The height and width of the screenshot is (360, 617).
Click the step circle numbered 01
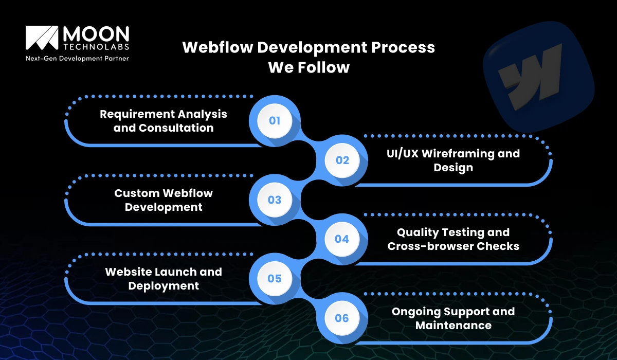point(275,120)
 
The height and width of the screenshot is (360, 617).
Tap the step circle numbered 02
point(342,160)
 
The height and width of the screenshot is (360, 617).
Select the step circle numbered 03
point(275,200)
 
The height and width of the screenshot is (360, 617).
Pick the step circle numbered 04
point(342,239)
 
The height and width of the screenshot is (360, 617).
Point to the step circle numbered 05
point(275,279)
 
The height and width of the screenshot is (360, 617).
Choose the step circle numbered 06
point(342,318)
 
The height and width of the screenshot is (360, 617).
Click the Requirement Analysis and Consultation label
point(164,120)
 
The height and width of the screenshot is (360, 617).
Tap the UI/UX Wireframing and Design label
point(453,160)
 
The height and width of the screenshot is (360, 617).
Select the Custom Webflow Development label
point(164,200)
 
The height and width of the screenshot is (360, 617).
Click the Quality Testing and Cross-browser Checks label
point(453,239)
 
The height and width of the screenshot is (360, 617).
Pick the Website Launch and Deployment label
point(164,278)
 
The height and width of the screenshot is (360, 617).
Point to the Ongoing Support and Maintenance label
point(453,318)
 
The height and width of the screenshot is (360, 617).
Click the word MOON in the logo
point(96,34)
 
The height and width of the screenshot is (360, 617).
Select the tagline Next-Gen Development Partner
point(77,59)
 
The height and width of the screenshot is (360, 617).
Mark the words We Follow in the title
point(308,67)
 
